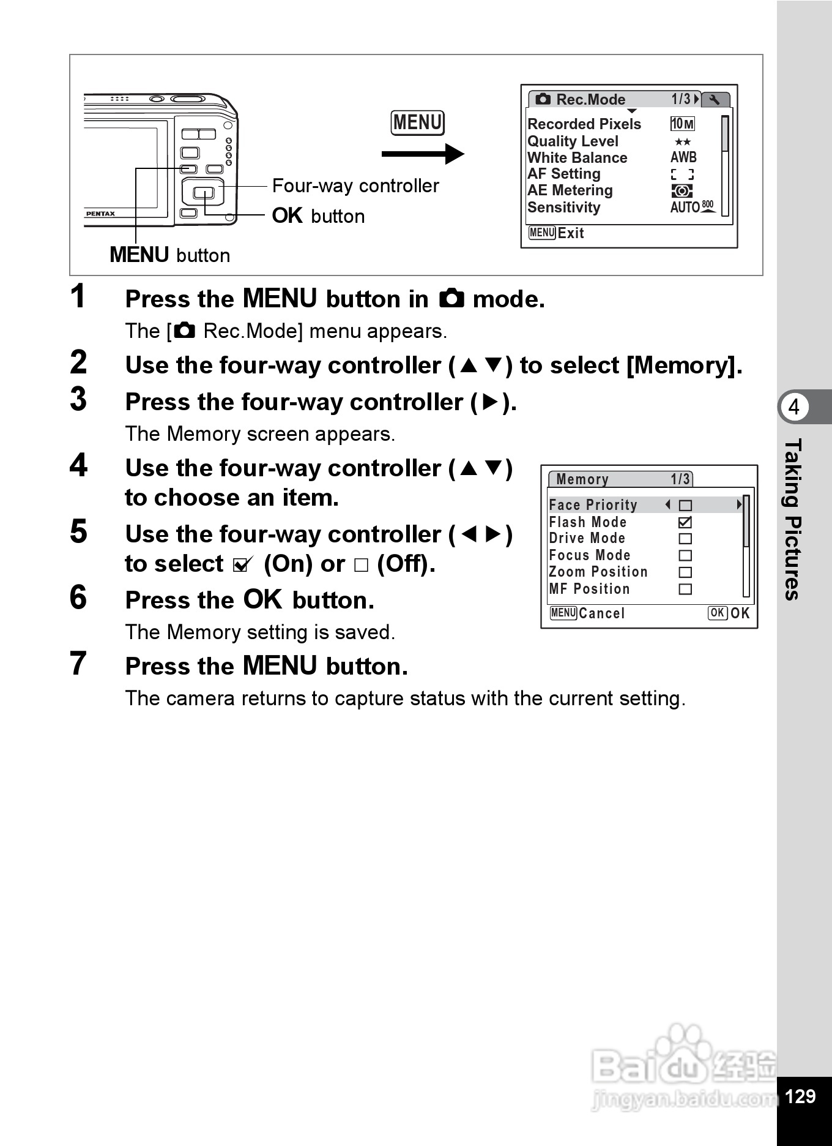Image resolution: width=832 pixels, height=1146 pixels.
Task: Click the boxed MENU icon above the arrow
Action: tap(417, 122)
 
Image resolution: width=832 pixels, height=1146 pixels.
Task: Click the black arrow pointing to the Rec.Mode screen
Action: tap(422, 154)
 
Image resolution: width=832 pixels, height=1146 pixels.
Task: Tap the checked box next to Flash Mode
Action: tap(685, 522)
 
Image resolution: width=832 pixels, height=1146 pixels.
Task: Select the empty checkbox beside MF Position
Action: tap(685, 589)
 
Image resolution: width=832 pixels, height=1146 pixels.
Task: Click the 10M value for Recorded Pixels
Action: tap(682, 124)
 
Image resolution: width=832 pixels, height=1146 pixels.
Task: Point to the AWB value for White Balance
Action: tap(683, 157)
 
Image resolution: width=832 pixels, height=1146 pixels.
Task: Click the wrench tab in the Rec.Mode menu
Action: tap(715, 99)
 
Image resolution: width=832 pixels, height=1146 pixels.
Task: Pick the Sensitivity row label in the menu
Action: tap(563, 208)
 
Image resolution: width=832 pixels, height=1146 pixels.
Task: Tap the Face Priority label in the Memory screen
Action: tap(593, 505)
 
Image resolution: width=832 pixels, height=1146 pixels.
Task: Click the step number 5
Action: tap(78, 531)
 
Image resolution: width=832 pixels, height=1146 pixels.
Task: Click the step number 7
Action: tap(78, 664)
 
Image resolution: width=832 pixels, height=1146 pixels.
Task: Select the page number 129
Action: tap(800, 1096)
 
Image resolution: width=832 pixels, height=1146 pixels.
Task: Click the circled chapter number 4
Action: tap(794, 407)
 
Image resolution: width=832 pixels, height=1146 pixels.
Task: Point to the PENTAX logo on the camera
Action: tap(100, 214)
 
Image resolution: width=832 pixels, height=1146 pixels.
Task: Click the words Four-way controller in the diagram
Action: tap(355, 185)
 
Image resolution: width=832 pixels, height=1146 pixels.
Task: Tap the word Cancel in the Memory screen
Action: tap(601, 613)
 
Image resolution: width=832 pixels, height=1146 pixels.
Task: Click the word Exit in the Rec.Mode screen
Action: tap(571, 233)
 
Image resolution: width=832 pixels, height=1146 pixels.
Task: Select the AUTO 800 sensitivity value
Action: tap(691, 207)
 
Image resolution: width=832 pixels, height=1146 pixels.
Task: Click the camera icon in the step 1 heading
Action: tap(451, 299)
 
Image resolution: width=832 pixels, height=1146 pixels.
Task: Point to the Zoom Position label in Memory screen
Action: tap(598, 572)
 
